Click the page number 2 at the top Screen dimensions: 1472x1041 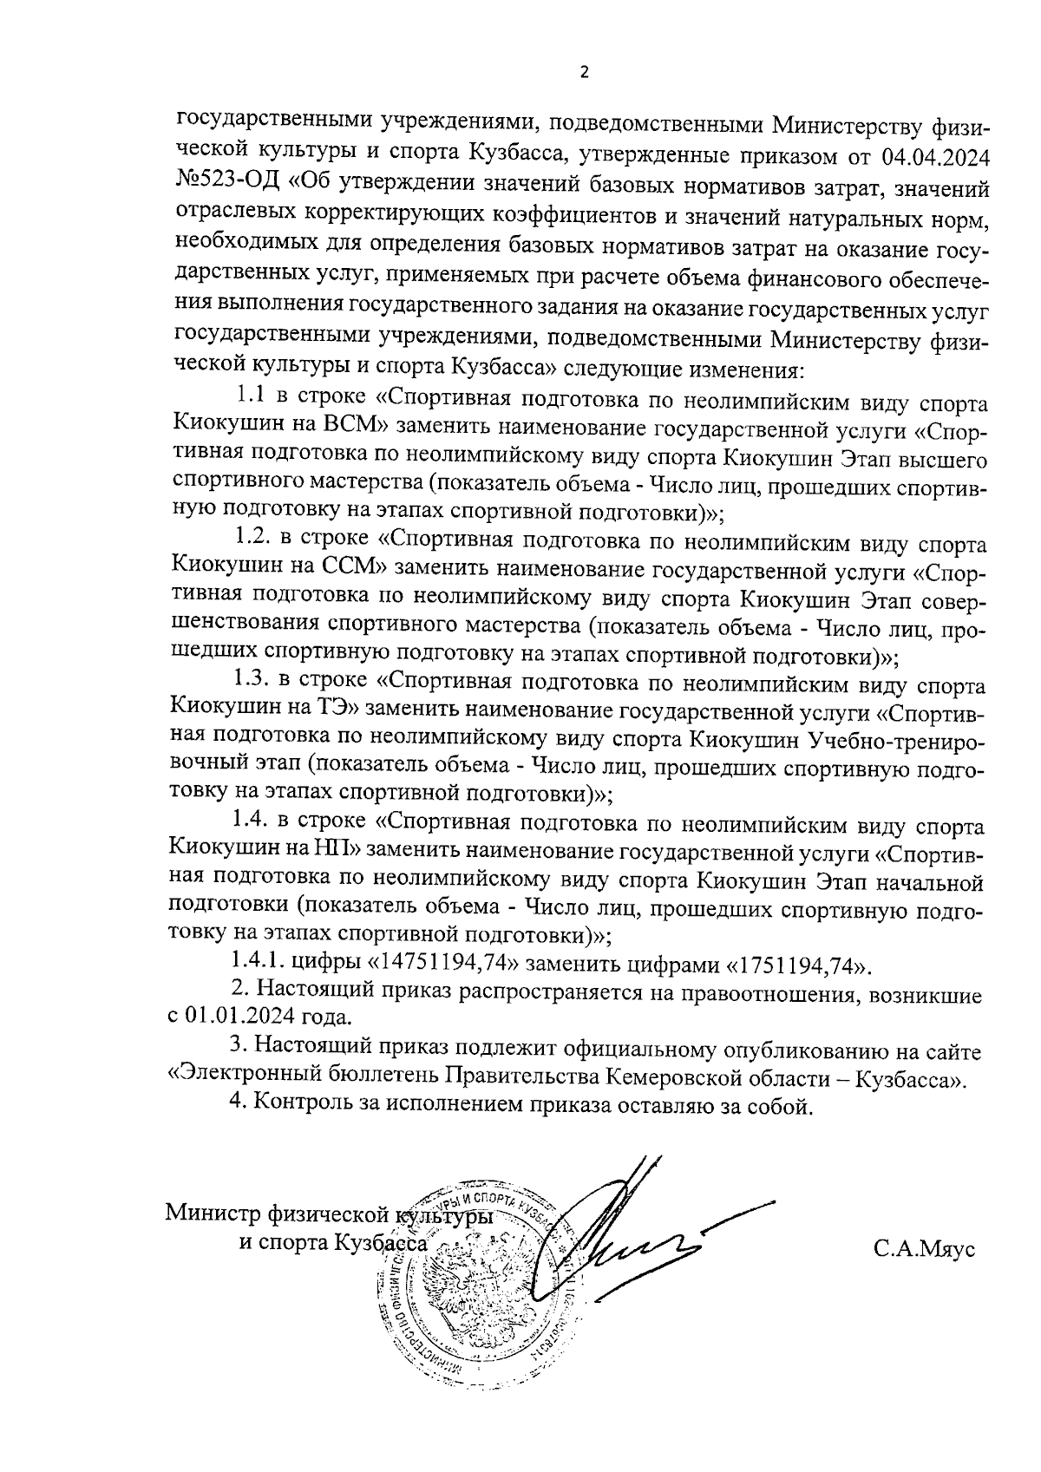pyautogui.click(x=584, y=73)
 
